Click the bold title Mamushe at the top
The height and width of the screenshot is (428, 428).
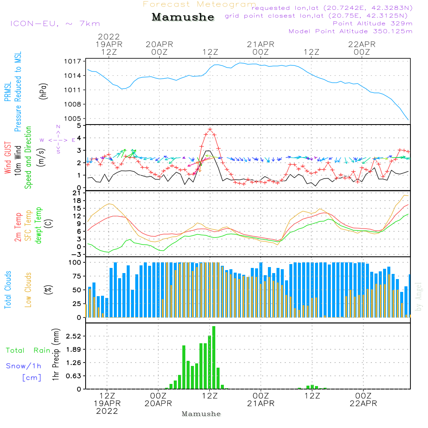click(183, 18)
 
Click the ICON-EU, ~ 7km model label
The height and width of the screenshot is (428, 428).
click(55, 24)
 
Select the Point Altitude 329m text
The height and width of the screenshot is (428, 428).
click(372, 24)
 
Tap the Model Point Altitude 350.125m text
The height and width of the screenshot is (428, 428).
click(351, 31)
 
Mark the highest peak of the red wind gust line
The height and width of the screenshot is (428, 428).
click(210, 129)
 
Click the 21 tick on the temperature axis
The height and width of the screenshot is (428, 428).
click(77, 194)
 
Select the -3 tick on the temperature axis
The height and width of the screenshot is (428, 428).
click(77, 254)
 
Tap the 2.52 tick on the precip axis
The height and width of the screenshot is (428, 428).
click(73, 336)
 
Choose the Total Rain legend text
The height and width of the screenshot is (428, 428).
click(28, 351)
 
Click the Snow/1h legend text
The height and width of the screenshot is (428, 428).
click(24, 366)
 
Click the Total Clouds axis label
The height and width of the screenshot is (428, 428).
click(7, 290)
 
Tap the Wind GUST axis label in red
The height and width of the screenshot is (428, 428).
click(8, 159)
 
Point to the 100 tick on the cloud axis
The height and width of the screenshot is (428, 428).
click(75, 262)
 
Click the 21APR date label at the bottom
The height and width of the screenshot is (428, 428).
click(261, 403)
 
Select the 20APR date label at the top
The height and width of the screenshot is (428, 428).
click(159, 44)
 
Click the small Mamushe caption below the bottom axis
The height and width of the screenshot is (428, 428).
click(201, 414)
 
